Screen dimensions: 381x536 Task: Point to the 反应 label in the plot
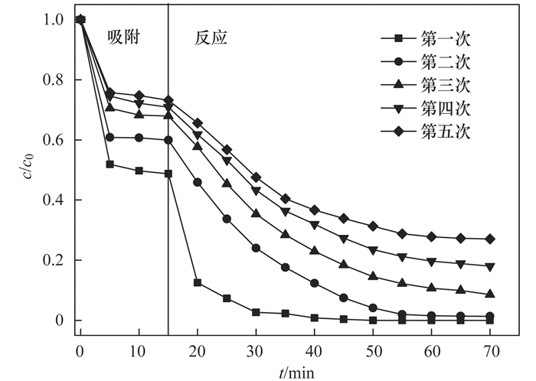(209, 37)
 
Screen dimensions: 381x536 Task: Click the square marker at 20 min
(198, 283)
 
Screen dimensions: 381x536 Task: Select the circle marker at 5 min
(110, 138)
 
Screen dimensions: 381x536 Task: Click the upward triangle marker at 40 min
(315, 250)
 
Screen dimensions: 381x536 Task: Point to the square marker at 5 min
(110, 164)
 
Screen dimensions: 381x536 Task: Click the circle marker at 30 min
(256, 248)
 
